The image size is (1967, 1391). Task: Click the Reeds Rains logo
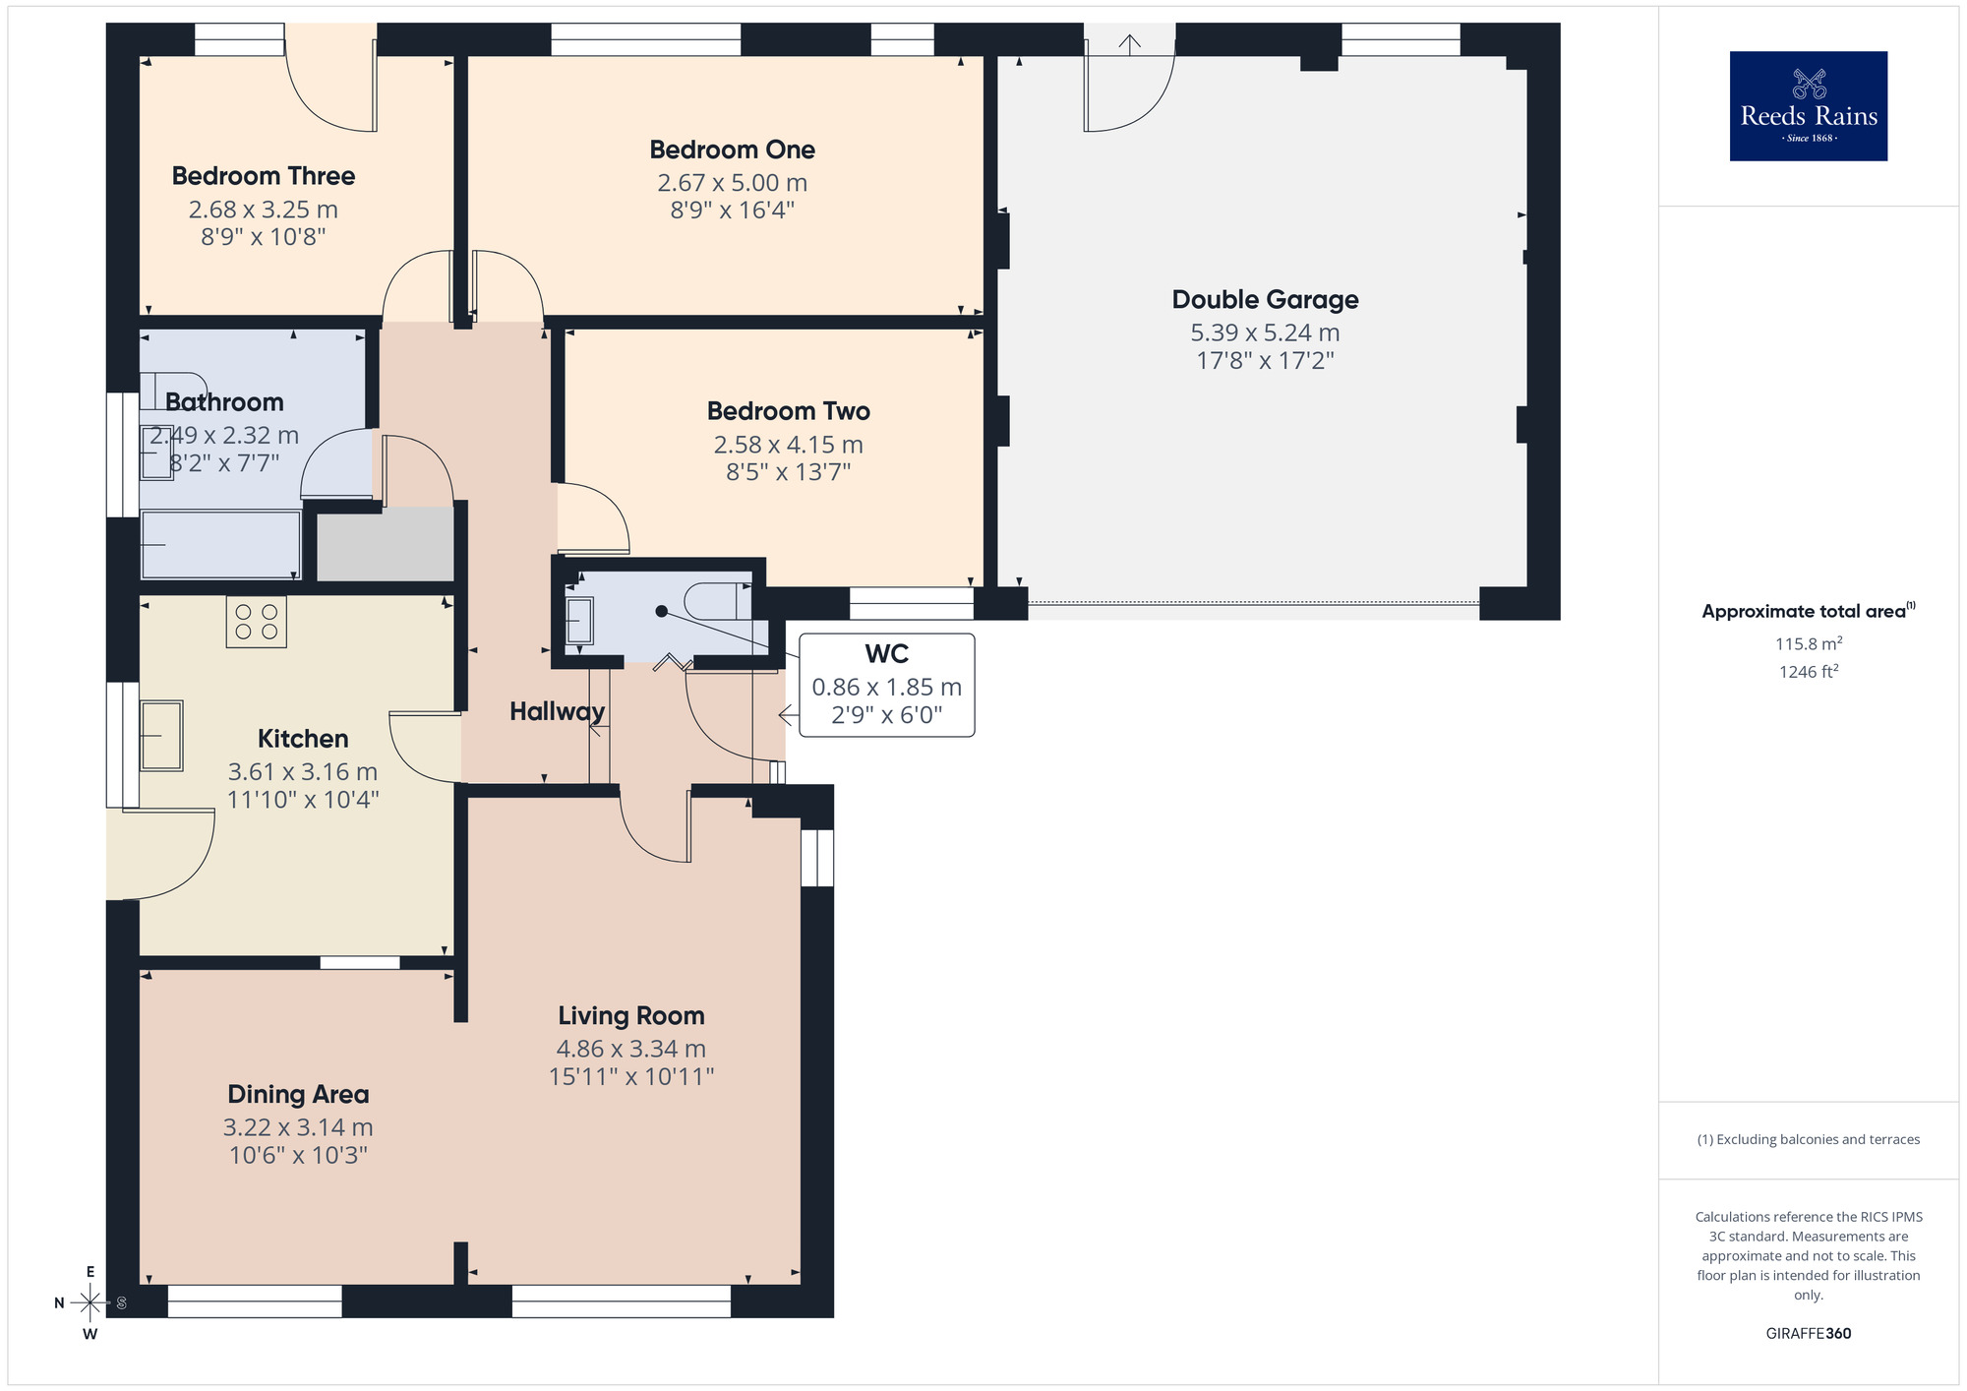[x=1808, y=106]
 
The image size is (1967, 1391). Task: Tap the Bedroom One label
[x=732, y=150]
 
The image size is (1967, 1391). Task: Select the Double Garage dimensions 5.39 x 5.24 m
[x=1265, y=333]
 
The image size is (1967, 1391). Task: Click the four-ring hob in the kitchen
[x=256, y=622]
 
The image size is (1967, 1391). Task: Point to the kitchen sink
[x=161, y=735]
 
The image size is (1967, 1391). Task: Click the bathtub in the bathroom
[x=220, y=544]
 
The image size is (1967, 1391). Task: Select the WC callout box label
[x=886, y=654]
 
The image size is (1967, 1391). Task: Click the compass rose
[x=90, y=1303]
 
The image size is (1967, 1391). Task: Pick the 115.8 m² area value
[x=1808, y=644]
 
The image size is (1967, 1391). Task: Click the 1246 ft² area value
[x=1808, y=672]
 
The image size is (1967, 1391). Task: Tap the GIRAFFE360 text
[x=1808, y=1334]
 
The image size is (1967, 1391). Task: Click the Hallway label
[x=557, y=711]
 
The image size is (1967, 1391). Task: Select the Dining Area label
[x=298, y=1094]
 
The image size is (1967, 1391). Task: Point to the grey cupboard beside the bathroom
[x=385, y=546]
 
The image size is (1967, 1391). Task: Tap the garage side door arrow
[x=1130, y=43]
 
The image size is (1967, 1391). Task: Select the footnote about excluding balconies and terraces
[x=1808, y=1139]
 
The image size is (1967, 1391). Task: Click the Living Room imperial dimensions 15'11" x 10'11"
[x=630, y=1077]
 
